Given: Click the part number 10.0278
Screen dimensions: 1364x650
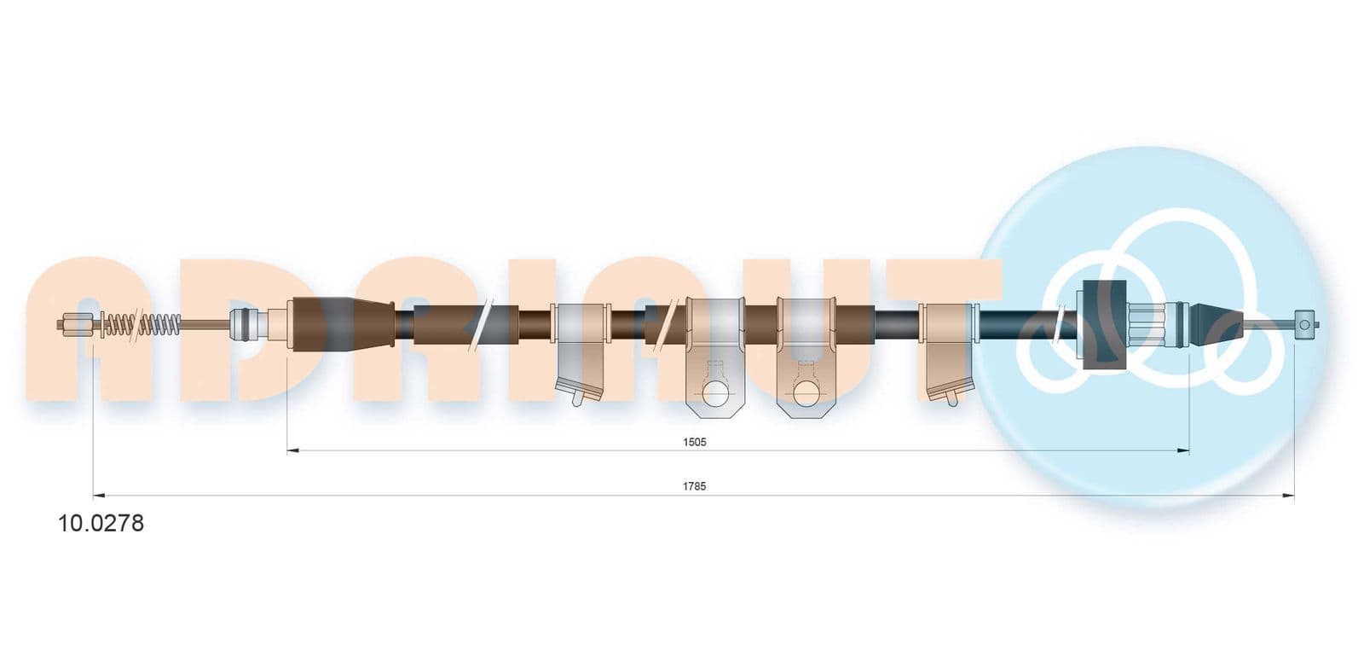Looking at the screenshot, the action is tap(101, 523).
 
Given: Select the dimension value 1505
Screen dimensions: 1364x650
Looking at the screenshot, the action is tap(694, 442).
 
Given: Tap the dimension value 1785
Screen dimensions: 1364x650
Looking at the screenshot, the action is tap(694, 486).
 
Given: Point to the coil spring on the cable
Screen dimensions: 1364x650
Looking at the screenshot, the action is tap(141, 324).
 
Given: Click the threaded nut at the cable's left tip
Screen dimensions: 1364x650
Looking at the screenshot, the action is tap(76, 324).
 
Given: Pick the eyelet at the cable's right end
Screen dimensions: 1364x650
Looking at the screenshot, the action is tap(1304, 324).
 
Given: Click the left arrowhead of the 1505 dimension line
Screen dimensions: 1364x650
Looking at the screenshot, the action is tap(293, 450).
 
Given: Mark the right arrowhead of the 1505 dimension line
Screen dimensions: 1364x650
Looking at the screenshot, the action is tap(1183, 450).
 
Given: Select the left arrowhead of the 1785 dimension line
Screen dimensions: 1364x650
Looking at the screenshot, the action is tap(99, 496).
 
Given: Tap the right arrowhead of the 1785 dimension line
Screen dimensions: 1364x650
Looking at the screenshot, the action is tap(1288, 496).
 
